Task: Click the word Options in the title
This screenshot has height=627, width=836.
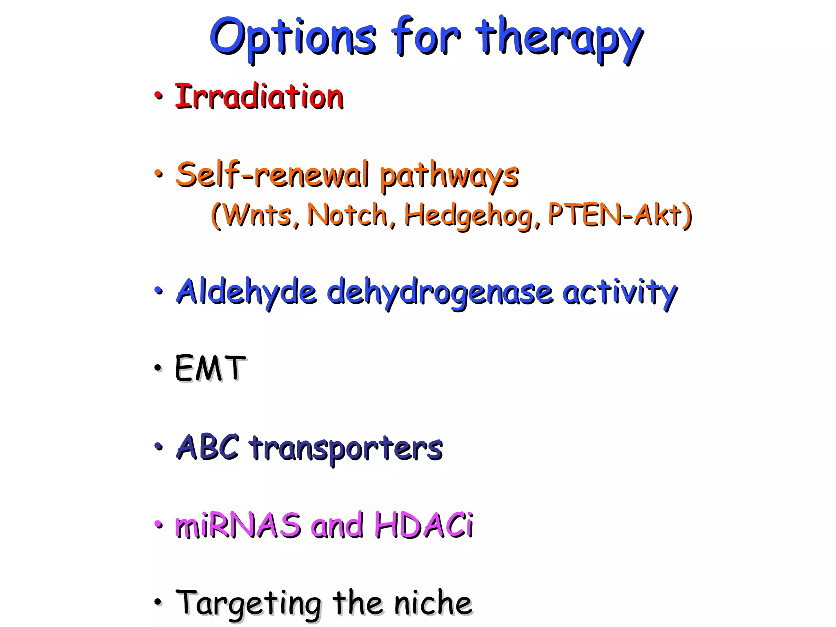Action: [292, 38]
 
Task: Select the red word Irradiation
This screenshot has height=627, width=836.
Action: [259, 97]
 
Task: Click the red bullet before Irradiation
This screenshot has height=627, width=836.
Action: [158, 96]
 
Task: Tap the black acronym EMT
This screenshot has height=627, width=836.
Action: [210, 368]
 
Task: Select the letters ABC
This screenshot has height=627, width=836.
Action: [208, 447]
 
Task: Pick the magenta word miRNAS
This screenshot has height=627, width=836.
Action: [238, 525]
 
